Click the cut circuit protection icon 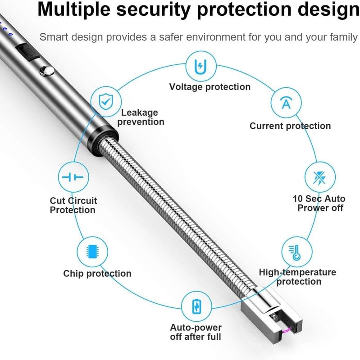click(73, 177)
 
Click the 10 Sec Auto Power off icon click(318, 177)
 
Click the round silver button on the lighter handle click(45, 70)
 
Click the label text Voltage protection click(210, 86)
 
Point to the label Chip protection click(97, 274)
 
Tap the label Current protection click(290, 126)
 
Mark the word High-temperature click(297, 272)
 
